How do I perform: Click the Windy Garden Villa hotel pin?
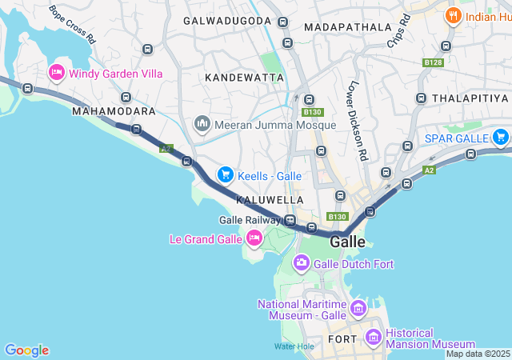click(57, 74)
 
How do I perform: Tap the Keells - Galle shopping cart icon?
click(226, 174)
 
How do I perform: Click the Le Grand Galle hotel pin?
click(254, 238)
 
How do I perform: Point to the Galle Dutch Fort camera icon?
click(302, 262)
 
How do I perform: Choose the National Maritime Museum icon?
click(358, 308)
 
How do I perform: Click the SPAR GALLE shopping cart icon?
click(501, 137)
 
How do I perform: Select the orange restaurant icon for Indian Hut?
click(454, 15)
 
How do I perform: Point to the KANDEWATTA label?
click(245, 78)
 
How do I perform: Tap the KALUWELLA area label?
click(270, 198)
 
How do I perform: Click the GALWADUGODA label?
click(227, 20)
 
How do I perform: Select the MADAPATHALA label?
click(342, 26)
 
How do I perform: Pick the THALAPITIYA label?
click(470, 98)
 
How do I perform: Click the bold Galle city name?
click(347, 242)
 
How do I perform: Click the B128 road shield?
click(433, 62)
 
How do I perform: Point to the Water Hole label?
click(294, 346)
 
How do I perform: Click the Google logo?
click(26, 350)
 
